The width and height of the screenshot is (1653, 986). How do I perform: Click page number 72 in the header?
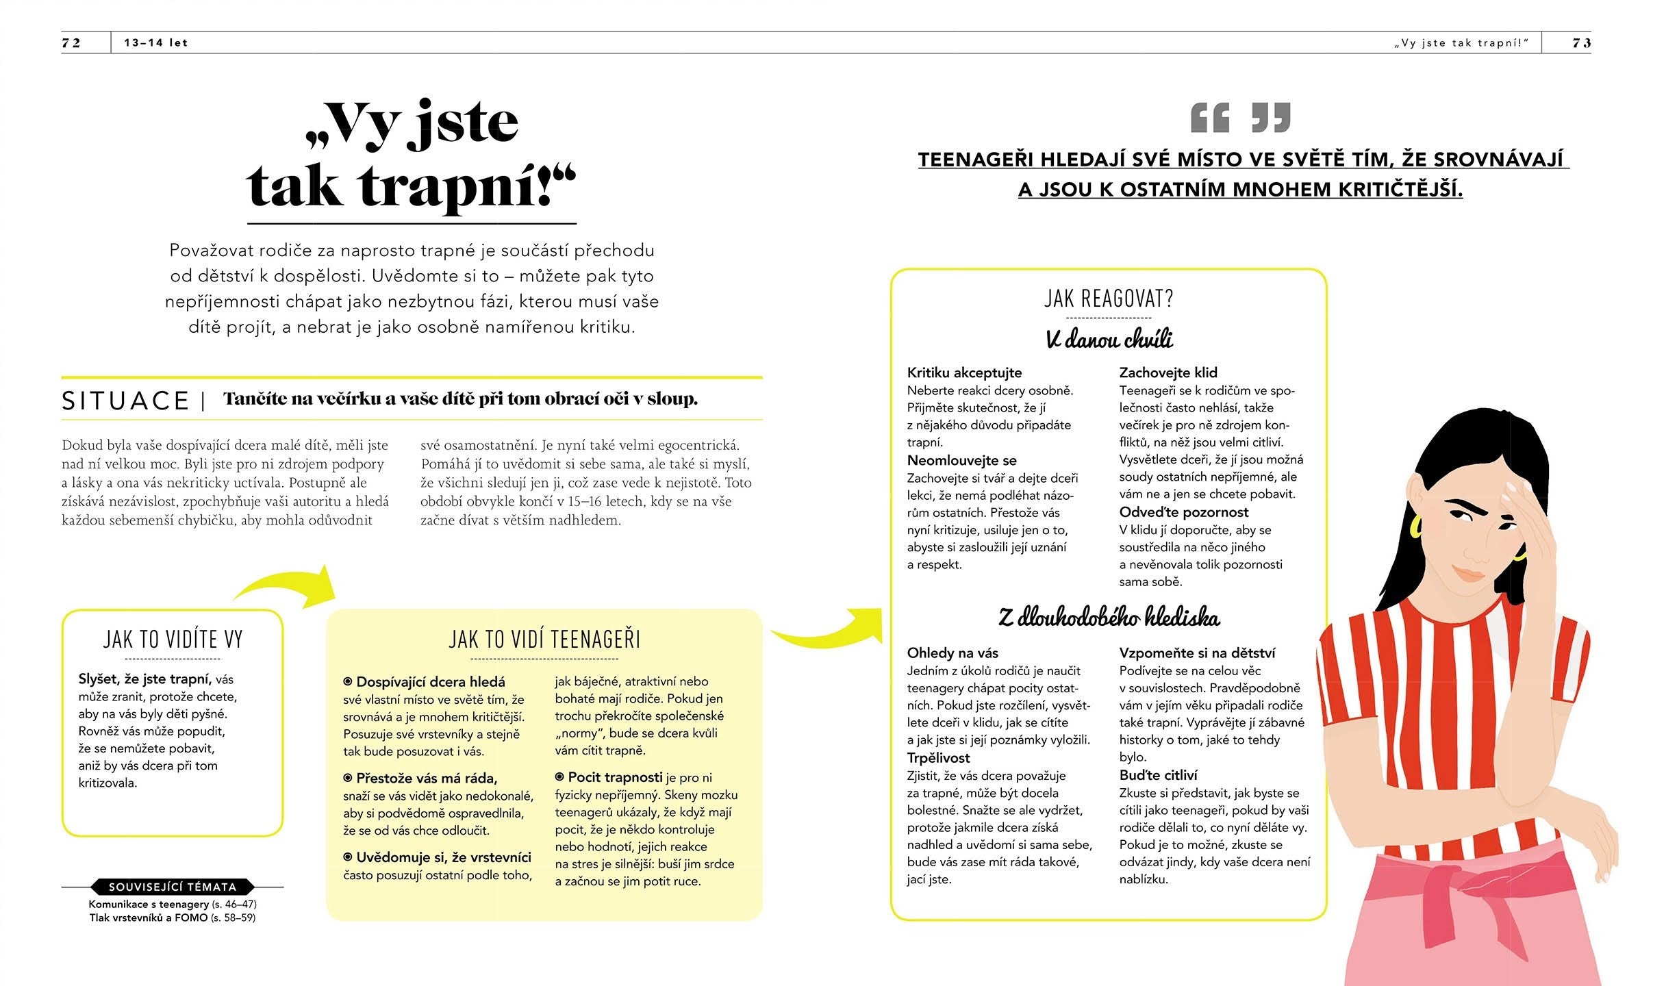coord(71,42)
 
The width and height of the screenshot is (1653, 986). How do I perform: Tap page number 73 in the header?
coord(1582,42)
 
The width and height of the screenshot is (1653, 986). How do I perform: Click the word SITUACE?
coord(125,401)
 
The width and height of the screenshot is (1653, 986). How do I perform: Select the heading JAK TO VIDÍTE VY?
coord(173,640)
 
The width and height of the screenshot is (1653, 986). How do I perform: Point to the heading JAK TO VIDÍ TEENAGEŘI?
coord(544,640)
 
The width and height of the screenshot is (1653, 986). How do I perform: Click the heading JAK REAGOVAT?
coord(1109,299)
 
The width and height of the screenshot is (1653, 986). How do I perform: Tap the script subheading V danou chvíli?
coord(1109,339)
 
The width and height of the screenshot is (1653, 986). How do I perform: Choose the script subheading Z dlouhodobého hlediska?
coord(1109,618)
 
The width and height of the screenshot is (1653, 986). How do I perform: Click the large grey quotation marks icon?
coord(1240,118)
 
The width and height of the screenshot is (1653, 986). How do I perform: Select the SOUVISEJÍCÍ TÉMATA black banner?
coord(173,887)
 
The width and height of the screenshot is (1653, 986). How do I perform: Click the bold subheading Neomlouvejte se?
coord(961,460)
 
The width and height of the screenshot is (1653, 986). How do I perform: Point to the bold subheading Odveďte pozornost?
coord(1183,512)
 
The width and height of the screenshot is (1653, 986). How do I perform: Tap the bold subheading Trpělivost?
coord(938,758)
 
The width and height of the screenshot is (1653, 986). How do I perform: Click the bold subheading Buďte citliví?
coord(1158,775)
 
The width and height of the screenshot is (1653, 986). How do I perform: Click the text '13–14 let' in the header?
coord(155,42)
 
